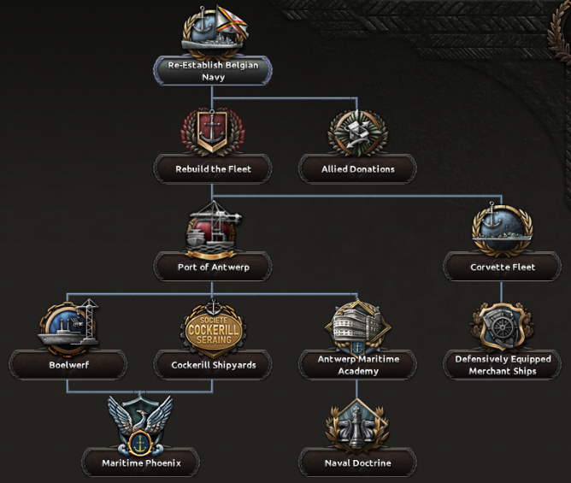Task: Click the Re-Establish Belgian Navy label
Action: click(213, 71)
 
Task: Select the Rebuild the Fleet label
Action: click(213, 169)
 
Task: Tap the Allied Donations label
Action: click(358, 169)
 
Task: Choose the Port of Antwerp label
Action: click(213, 267)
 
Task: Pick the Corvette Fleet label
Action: click(502, 267)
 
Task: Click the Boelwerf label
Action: click(68, 365)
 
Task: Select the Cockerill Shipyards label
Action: click(213, 365)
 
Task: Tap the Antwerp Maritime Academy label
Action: click(357, 365)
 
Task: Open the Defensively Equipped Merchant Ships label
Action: click(502, 365)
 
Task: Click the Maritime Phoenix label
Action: click(140, 463)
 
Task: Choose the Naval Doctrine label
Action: click(357, 463)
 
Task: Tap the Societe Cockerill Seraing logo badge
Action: click(213, 326)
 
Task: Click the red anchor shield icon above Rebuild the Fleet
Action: click(213, 131)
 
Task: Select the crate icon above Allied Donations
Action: click(357, 131)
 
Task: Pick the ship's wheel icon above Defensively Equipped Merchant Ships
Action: click(502, 327)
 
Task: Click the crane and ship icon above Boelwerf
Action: click(68, 326)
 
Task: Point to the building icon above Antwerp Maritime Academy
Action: click(357, 325)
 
